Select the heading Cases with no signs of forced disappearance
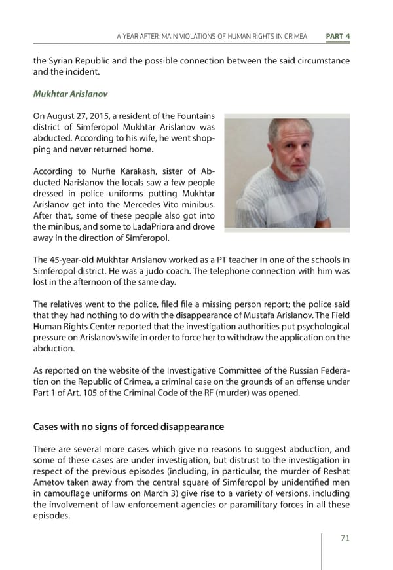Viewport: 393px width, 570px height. pyautogui.click(x=128, y=427)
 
